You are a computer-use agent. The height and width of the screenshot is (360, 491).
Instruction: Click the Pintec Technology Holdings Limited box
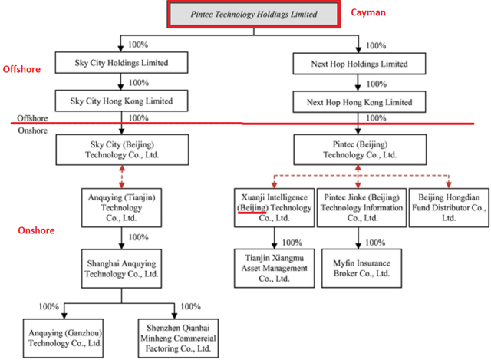(254, 15)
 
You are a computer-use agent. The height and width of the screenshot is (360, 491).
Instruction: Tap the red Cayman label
(368, 12)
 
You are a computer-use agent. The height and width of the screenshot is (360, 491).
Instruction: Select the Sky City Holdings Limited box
(121, 63)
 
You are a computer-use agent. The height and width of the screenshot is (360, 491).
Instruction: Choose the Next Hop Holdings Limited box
(359, 64)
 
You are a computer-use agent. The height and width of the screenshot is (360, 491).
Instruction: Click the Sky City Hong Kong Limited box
(121, 101)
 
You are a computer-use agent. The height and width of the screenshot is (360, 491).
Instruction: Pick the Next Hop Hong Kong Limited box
(359, 102)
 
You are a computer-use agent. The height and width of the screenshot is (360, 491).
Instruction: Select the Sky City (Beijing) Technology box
(122, 150)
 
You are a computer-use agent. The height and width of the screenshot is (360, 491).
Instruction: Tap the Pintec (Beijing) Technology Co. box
(360, 150)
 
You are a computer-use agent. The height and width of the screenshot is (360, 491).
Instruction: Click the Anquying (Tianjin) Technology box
(121, 208)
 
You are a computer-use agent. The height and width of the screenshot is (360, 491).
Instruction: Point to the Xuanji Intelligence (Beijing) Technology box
(275, 208)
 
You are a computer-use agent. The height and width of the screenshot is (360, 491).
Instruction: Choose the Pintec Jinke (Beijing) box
(361, 208)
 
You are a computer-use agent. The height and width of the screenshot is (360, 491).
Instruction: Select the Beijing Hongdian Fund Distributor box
(449, 208)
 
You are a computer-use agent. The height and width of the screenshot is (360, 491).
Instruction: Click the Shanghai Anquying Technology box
(121, 269)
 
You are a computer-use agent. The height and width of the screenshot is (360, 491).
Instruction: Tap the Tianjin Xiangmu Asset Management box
(275, 268)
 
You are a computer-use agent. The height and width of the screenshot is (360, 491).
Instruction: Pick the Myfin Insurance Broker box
(361, 268)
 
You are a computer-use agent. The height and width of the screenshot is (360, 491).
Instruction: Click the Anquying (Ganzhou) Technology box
(63, 339)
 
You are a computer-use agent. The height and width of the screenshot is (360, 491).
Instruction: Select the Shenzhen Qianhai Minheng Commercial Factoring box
(178, 339)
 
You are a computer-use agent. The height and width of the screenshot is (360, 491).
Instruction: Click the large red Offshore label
(21, 69)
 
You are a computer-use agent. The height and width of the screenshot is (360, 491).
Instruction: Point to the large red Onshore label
(36, 230)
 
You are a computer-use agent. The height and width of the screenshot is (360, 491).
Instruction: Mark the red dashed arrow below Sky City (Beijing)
(122, 177)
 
